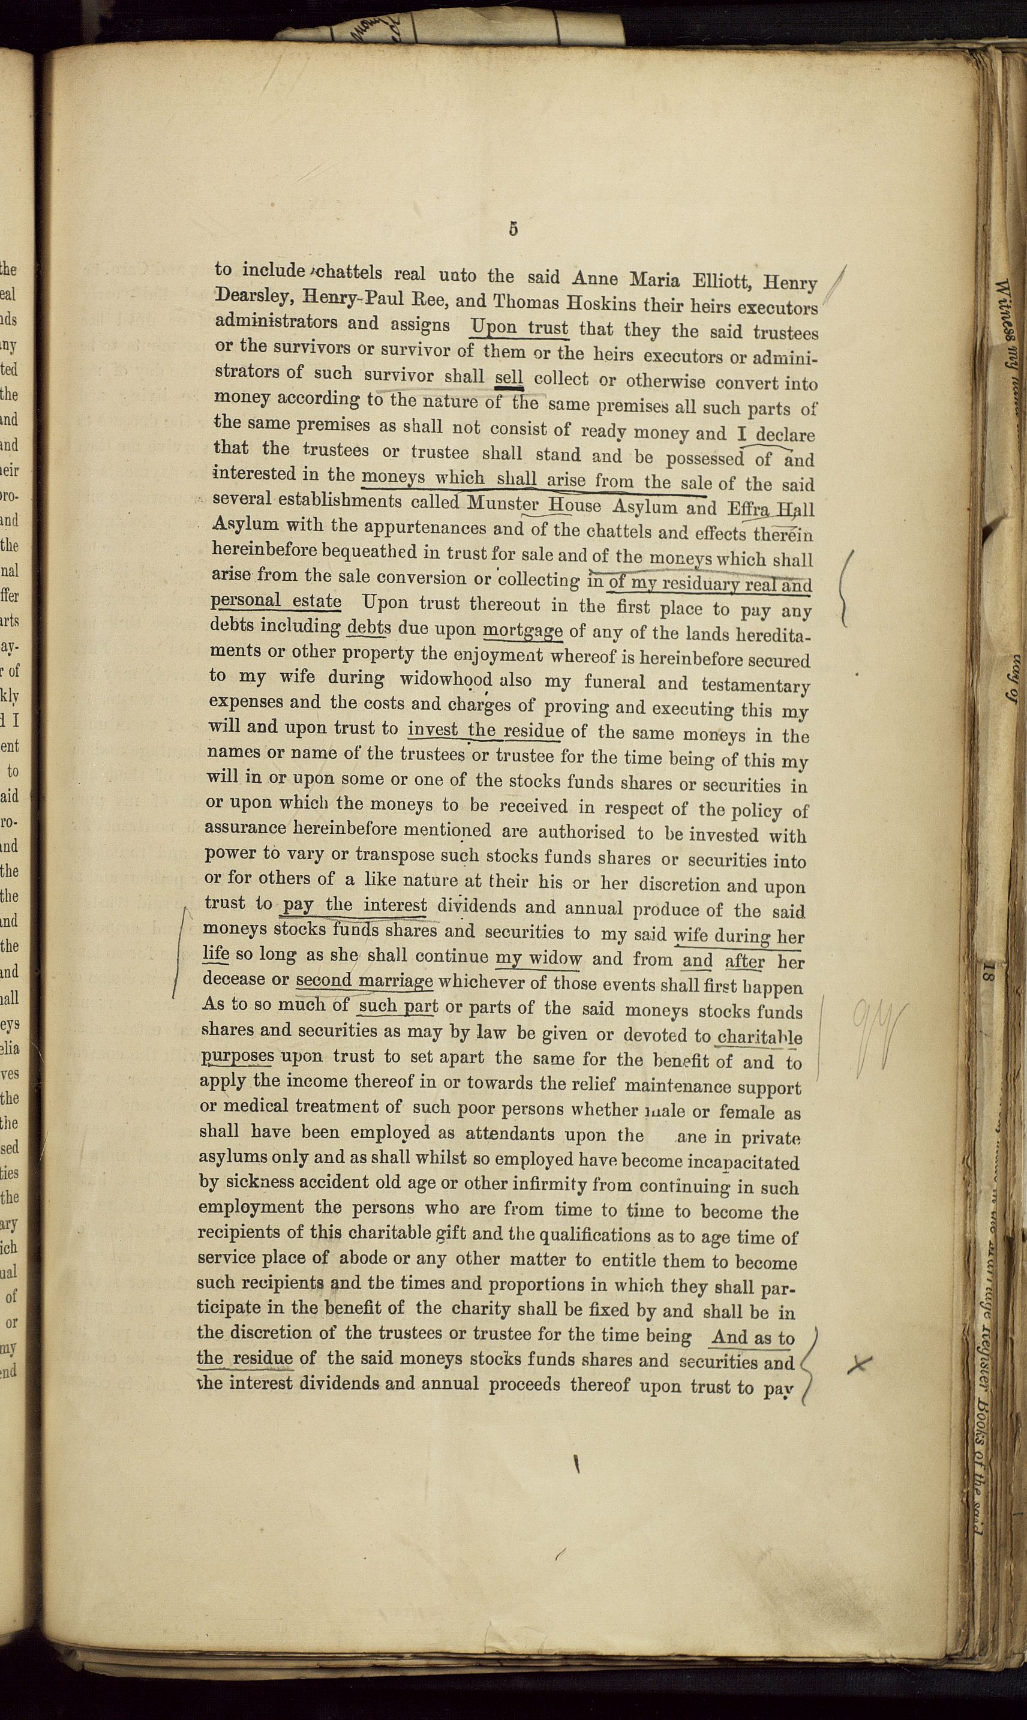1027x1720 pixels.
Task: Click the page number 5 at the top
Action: pos(513,229)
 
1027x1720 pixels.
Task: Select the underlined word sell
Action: pos(509,377)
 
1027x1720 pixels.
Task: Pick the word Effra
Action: pos(746,509)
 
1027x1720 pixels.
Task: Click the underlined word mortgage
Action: pos(522,631)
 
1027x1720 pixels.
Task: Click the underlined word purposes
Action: pos(238,1056)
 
